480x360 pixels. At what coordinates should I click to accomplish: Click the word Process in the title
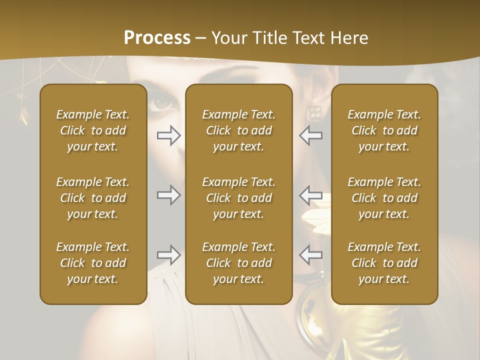157,38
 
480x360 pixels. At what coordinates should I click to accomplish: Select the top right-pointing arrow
168,135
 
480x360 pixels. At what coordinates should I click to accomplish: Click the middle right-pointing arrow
168,194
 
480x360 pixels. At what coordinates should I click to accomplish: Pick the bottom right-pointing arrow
168,255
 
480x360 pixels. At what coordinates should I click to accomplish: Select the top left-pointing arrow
311,135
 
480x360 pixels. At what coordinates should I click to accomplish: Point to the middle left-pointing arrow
311,194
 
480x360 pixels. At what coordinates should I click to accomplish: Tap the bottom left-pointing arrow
311,255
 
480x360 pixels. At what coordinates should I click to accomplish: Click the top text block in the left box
93,130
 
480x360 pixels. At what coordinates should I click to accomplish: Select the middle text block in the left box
93,198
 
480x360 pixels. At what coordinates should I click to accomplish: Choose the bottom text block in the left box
93,263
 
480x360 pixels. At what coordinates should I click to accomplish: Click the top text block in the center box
238,130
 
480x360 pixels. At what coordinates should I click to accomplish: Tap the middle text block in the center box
238,198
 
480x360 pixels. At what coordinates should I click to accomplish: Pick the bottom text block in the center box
238,263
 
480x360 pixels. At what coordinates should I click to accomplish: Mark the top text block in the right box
384,130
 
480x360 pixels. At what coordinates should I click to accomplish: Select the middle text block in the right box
384,198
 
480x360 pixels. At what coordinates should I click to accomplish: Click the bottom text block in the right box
384,263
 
